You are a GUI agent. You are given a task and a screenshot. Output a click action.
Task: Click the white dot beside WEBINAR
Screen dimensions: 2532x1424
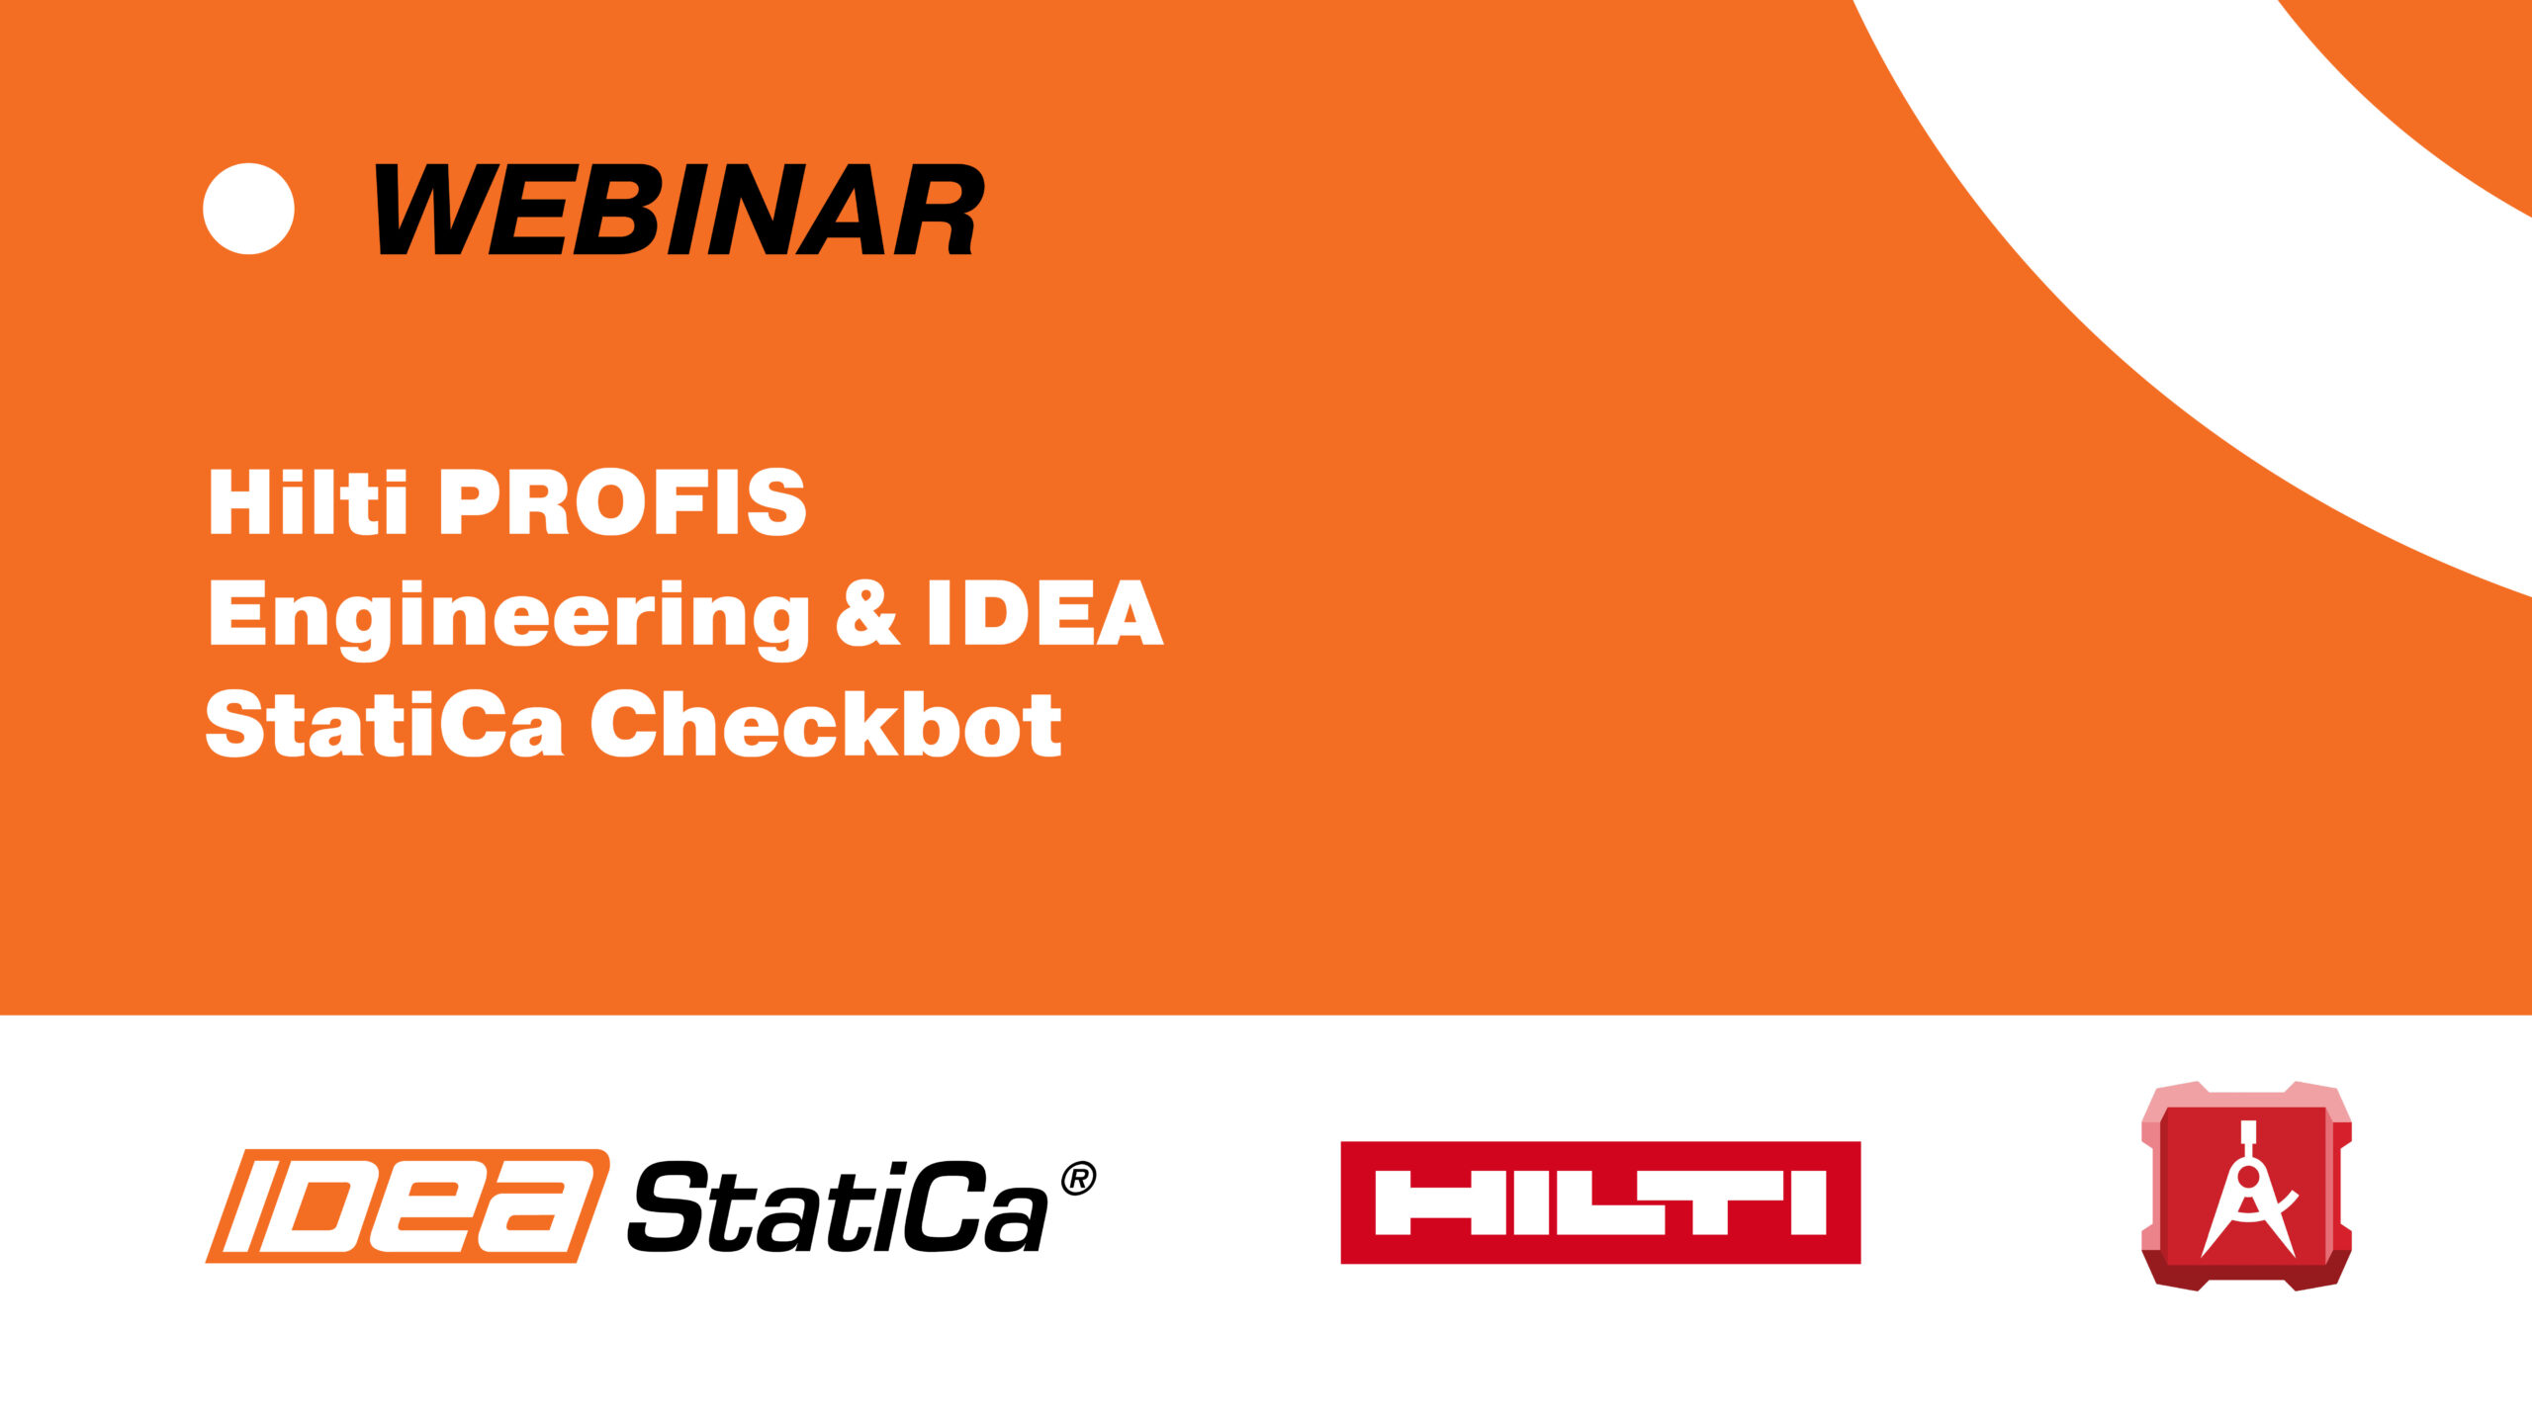click(x=248, y=209)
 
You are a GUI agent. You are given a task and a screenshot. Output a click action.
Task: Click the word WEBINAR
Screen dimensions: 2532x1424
click(x=679, y=209)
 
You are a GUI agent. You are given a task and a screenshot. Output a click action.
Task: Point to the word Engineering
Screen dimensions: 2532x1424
click(x=508, y=619)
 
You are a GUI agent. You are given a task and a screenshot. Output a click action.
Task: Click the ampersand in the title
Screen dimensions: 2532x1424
click(x=867, y=613)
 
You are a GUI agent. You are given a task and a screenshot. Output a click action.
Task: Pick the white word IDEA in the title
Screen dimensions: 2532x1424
click(x=1044, y=613)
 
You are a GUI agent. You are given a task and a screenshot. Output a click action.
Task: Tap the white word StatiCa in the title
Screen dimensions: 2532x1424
click(x=385, y=724)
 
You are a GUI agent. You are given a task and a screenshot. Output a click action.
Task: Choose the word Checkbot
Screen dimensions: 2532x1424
click(x=826, y=724)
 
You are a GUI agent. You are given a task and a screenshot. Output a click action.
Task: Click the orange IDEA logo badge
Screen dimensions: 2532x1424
click(x=407, y=1205)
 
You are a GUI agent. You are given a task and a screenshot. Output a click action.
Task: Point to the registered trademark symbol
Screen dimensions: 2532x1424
click(x=1078, y=1179)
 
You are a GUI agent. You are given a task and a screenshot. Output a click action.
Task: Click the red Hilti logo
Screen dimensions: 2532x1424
click(x=1600, y=1202)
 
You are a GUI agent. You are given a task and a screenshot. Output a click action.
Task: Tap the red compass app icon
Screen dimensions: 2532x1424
click(x=2246, y=1186)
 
